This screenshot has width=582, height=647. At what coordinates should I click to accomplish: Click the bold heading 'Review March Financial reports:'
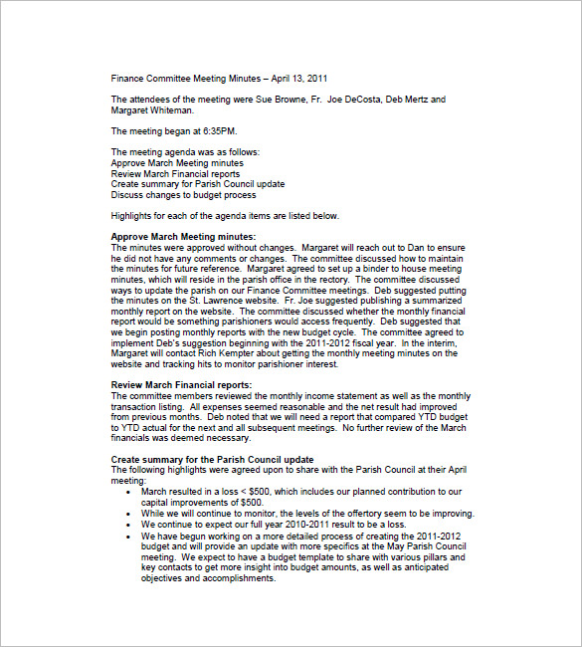click(181, 384)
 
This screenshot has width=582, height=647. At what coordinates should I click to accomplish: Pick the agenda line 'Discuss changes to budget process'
click(183, 194)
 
